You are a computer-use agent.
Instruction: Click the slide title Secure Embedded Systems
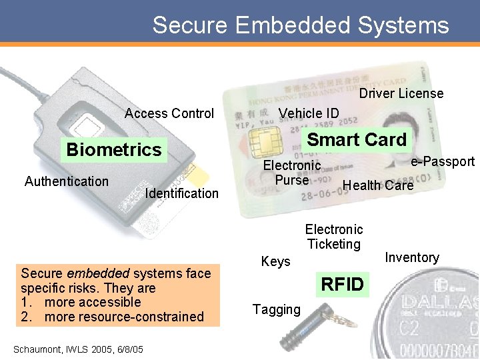click(x=301, y=25)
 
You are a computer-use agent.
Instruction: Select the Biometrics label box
click(x=114, y=149)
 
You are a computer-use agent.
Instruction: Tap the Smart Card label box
click(x=357, y=140)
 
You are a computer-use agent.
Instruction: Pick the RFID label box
click(x=343, y=285)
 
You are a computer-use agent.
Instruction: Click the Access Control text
click(x=169, y=113)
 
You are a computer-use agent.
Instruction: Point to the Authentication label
click(x=67, y=181)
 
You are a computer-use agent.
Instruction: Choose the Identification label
click(x=181, y=193)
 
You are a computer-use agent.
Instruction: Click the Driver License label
click(x=401, y=93)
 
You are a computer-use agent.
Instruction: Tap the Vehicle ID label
click(x=309, y=113)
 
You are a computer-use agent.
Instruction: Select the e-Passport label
click(x=443, y=161)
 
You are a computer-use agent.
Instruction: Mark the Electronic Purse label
click(x=292, y=173)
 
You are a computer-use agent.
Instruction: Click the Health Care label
click(x=378, y=185)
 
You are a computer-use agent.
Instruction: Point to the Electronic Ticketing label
click(x=334, y=237)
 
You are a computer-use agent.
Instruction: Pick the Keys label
click(x=276, y=262)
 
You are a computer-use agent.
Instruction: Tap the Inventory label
click(x=412, y=257)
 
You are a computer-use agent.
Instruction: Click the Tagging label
click(x=276, y=309)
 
